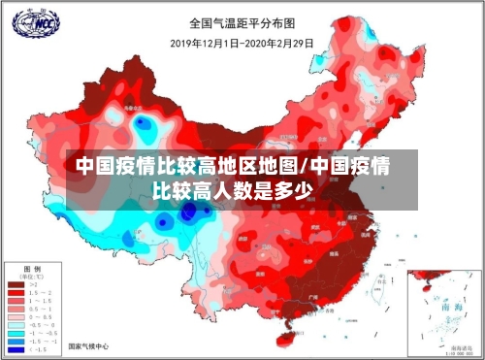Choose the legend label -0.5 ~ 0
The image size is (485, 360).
42,324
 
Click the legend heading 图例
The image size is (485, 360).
31,268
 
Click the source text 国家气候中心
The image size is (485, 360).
87,346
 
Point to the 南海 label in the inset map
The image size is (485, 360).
450,305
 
